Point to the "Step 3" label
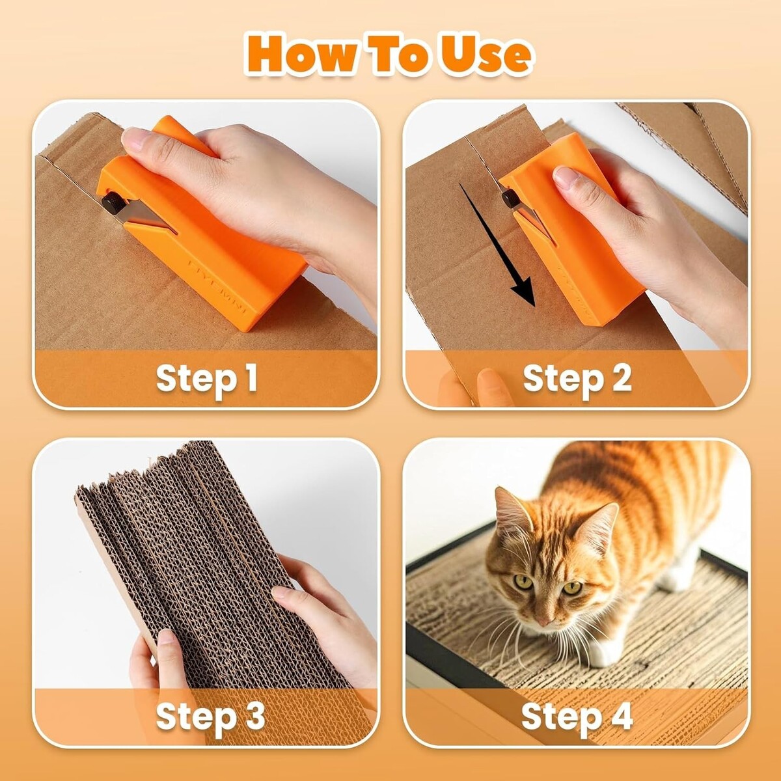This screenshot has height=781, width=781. (x=210, y=716)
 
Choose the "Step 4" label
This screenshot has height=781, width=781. (x=577, y=716)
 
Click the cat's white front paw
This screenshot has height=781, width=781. (x=602, y=653)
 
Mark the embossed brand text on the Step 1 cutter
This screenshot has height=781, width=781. (x=217, y=286)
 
